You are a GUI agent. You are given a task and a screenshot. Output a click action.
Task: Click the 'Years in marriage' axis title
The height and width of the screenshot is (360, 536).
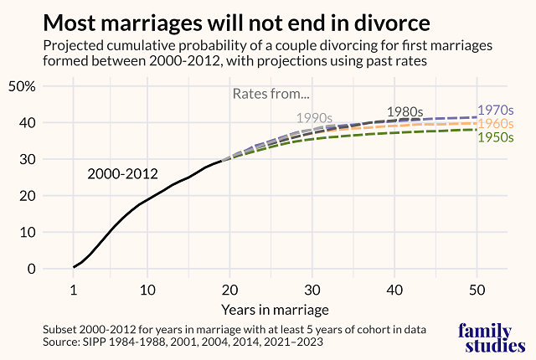point(275,308)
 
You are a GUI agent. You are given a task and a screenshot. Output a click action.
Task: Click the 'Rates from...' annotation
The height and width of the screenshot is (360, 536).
point(271,94)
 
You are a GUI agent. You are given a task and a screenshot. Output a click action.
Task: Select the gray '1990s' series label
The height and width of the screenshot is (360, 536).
point(315,117)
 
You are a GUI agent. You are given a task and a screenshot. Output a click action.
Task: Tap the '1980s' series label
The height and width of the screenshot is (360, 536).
point(405,111)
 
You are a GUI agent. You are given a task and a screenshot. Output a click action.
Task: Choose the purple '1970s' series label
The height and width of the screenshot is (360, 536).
point(495,110)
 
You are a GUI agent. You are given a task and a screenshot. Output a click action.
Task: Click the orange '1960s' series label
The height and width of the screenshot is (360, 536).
point(495,123)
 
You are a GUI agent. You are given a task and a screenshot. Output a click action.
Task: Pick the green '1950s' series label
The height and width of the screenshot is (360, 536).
point(495,136)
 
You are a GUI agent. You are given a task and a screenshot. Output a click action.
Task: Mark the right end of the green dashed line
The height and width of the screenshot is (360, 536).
point(477,129)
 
